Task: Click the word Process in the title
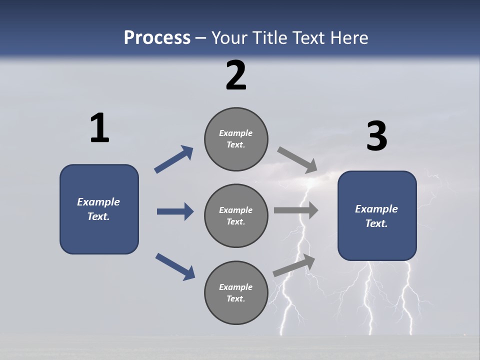point(157,38)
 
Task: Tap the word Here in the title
point(348,38)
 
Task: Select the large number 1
point(99,128)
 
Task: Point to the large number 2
point(236,75)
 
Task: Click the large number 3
point(376,136)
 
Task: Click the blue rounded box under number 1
point(99,209)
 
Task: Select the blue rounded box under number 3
point(377,216)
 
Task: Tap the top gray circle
point(236,139)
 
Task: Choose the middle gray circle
point(236,216)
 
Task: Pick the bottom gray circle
point(236,293)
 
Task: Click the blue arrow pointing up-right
point(173,159)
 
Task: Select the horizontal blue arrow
point(175,211)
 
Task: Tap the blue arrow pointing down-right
point(175,266)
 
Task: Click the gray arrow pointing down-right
point(297,160)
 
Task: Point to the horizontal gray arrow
point(296,210)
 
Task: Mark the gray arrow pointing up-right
point(294,265)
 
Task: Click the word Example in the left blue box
point(98,202)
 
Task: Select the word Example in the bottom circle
point(236,287)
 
